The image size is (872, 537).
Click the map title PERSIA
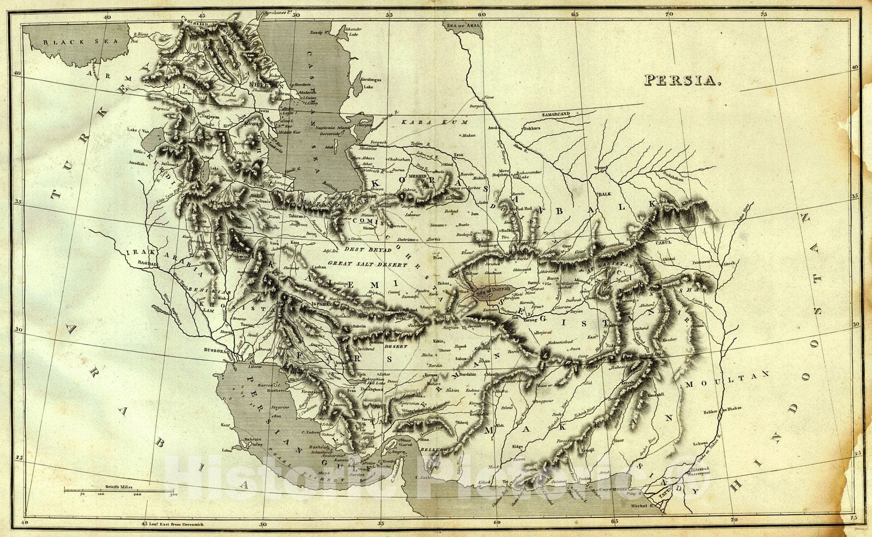pyautogui.click(x=683, y=80)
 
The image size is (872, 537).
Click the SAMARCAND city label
pyautogui.click(x=556, y=114)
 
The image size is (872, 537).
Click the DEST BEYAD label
pyautogui.click(x=368, y=249)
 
